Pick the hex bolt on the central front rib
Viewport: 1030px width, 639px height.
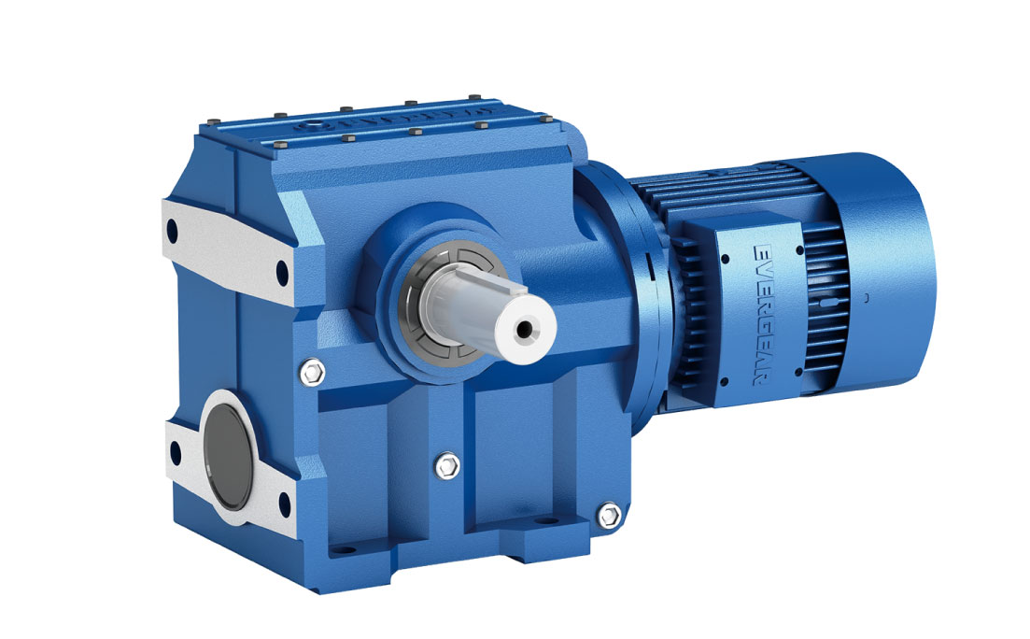click(x=448, y=462)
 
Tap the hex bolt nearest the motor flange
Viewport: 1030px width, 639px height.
click(x=609, y=514)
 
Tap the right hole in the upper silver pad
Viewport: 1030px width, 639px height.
click(x=282, y=273)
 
